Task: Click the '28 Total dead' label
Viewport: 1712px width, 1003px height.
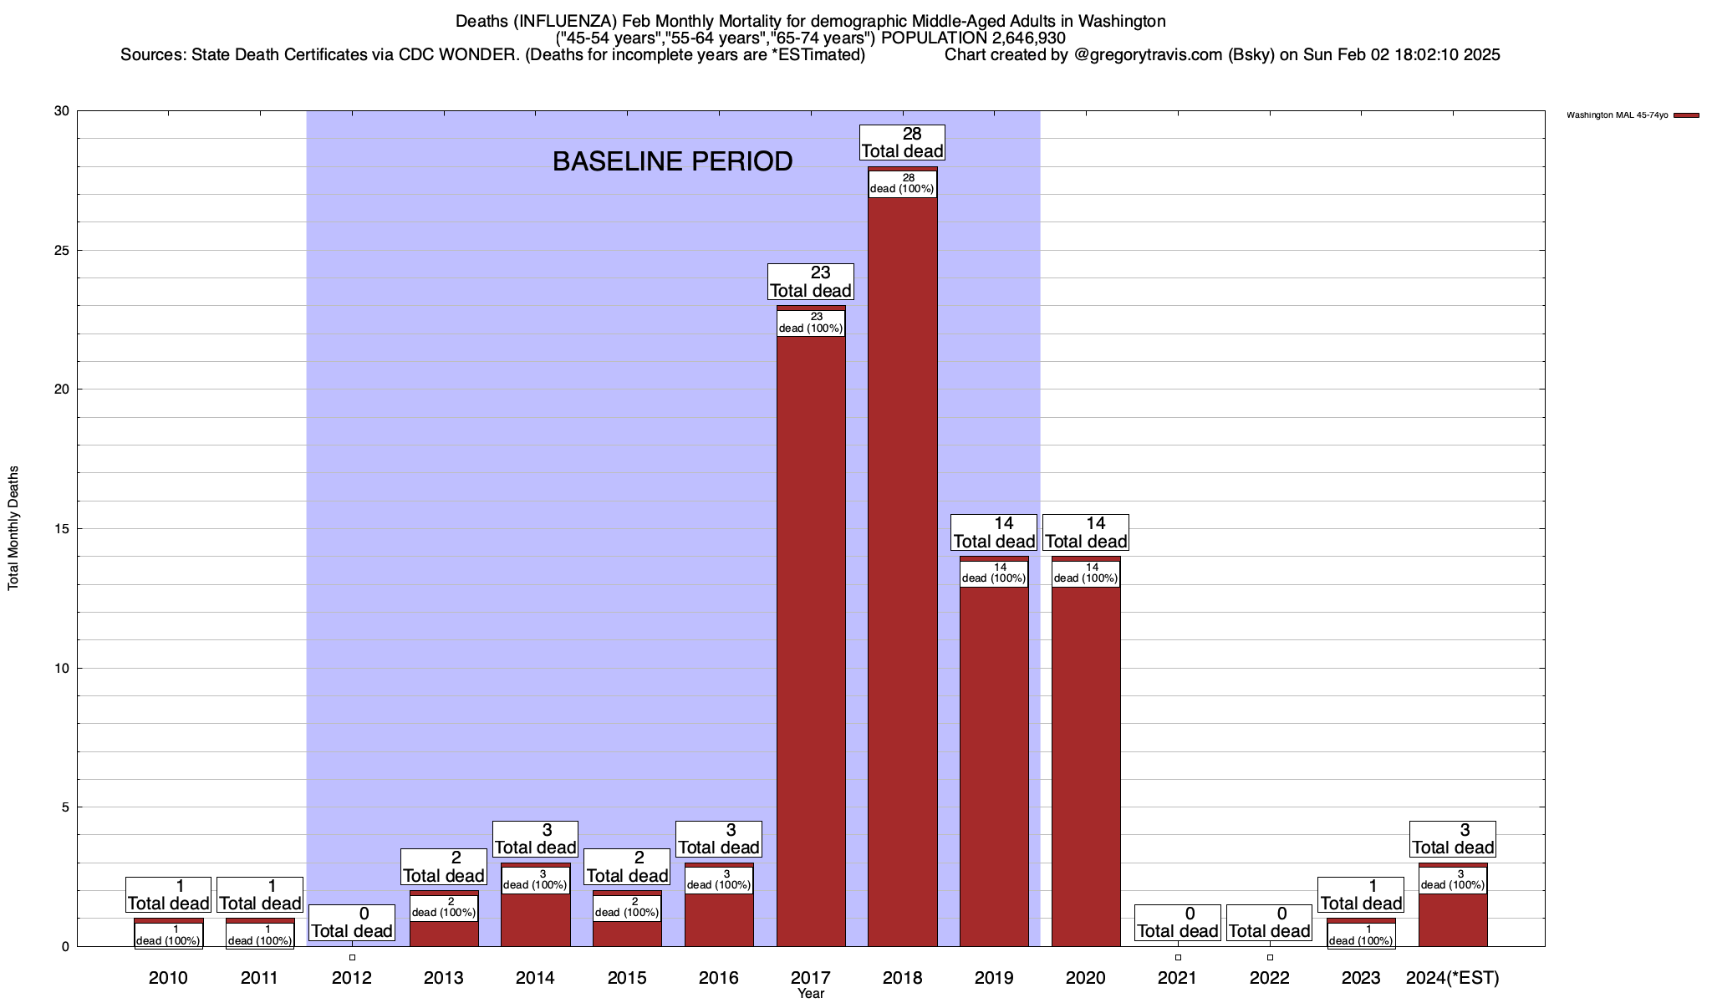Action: [x=902, y=142]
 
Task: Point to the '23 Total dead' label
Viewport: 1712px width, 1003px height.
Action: [x=811, y=282]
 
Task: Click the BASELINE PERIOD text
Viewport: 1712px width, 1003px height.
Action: [x=672, y=161]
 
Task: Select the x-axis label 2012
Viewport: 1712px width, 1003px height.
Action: [x=351, y=977]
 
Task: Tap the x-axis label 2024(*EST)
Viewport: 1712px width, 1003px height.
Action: [x=1453, y=977]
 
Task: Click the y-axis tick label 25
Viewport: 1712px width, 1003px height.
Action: [x=62, y=251]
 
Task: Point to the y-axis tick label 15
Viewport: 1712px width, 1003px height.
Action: [x=62, y=529]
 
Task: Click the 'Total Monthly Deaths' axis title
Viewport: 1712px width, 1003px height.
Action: [x=13, y=528]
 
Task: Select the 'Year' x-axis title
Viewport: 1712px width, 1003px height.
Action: [x=811, y=994]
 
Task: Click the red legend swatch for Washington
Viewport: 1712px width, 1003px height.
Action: [x=1686, y=115]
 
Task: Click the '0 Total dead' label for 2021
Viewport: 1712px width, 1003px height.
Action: [x=1178, y=922]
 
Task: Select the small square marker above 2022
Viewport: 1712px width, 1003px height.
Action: [x=1270, y=957]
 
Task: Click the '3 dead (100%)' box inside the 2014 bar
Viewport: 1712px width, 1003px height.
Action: [x=535, y=880]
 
